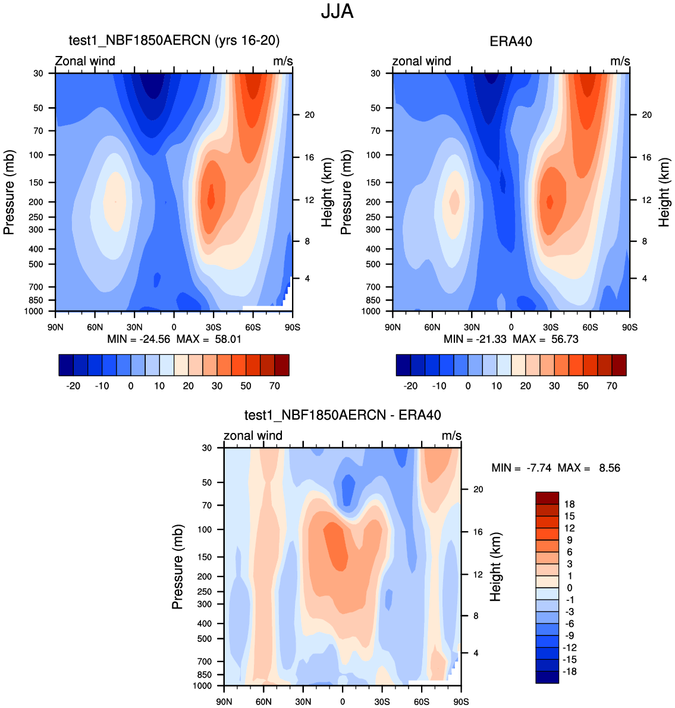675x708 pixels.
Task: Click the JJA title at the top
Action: click(x=337, y=11)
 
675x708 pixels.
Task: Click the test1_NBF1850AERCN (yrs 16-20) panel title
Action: click(x=174, y=40)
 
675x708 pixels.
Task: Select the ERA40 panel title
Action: click(x=510, y=41)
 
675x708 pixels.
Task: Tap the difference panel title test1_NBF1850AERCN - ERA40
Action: click(x=343, y=415)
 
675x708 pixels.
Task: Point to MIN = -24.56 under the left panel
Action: click(x=139, y=339)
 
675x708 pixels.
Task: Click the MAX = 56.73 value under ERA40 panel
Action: click(x=545, y=339)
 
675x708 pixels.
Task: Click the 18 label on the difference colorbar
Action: click(x=569, y=504)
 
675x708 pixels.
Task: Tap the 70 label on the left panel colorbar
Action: click(x=275, y=386)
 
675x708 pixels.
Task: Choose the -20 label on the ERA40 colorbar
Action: click(x=410, y=386)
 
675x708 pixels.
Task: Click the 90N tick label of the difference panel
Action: click(x=224, y=702)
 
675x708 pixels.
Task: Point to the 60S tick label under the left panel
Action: click(x=253, y=328)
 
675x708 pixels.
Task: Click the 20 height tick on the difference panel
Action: click(x=478, y=489)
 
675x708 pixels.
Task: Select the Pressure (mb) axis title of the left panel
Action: click(x=9, y=192)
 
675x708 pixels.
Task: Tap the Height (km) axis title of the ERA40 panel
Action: click(x=664, y=192)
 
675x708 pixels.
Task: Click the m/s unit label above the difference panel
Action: click(x=451, y=436)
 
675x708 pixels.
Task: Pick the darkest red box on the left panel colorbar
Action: click(x=282, y=365)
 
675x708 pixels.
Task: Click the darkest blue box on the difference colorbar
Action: click(x=547, y=677)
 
